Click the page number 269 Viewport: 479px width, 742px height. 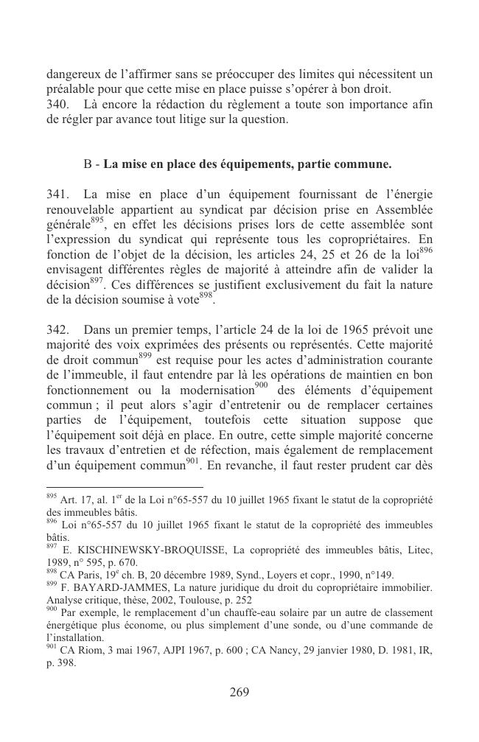[239, 692]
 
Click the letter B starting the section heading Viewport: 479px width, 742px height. [88, 164]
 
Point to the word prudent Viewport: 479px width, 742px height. [368, 465]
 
